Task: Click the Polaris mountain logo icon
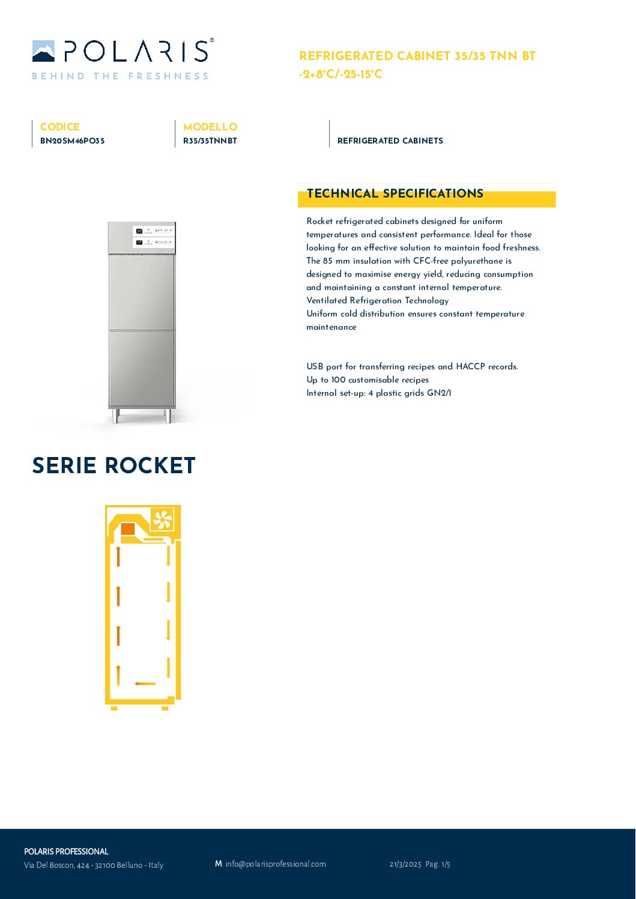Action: [x=43, y=51]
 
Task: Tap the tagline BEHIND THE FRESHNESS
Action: [x=120, y=76]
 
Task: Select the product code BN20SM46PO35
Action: [x=72, y=141]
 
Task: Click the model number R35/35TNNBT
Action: [x=210, y=141]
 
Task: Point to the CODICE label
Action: [x=59, y=127]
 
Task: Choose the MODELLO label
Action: [x=210, y=127]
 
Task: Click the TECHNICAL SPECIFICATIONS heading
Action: [x=395, y=193]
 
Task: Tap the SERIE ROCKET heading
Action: [x=114, y=465]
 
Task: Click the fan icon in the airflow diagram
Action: [x=162, y=519]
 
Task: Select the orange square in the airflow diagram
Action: [x=128, y=528]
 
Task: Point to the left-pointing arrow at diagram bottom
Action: [x=145, y=683]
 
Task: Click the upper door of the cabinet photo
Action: [x=142, y=291]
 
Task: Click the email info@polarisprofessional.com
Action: [x=275, y=864]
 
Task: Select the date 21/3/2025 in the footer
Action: [x=405, y=864]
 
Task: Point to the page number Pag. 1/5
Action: [x=438, y=864]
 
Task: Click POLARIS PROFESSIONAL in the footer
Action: [x=66, y=852]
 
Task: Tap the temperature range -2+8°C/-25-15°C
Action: [x=341, y=74]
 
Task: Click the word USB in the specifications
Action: [x=315, y=366]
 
